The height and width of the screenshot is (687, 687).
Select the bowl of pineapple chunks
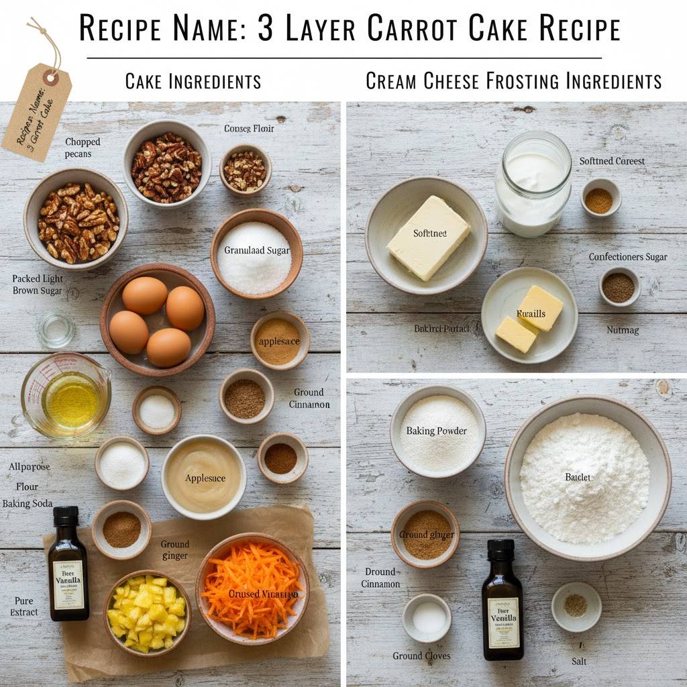tap(147, 611)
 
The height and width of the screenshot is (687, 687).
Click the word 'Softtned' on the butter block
tap(430, 233)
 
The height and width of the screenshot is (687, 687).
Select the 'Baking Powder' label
tap(437, 431)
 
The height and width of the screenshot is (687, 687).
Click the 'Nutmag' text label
tap(623, 329)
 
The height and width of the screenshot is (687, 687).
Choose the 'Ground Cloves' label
tap(421, 655)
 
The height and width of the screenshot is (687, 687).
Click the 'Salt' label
tap(579, 661)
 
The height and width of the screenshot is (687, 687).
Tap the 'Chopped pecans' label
tap(83, 148)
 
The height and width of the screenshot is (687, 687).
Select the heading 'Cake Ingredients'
tap(193, 82)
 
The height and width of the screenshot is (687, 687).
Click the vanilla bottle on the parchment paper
tap(68, 564)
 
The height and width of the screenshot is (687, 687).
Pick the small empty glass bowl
tap(56, 330)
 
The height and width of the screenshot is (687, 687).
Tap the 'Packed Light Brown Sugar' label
tap(38, 284)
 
